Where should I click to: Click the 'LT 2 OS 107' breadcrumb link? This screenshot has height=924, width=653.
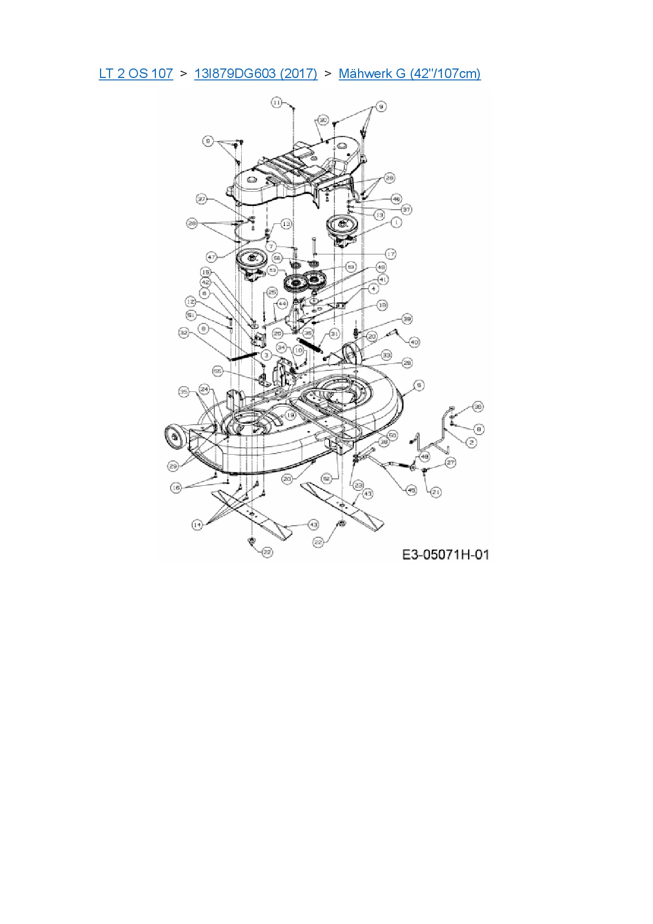coord(136,73)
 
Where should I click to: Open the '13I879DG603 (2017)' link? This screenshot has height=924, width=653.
coord(255,73)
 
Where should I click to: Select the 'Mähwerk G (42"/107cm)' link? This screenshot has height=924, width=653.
coord(409,73)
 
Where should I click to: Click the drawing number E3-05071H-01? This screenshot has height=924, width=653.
coord(446,554)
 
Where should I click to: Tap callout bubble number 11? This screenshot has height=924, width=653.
coord(277,102)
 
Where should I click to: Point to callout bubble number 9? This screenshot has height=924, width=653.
coord(381,106)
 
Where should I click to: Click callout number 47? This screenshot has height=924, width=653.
coord(212,258)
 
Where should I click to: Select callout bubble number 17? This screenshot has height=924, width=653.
coord(390,254)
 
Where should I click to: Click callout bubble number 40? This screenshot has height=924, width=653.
coord(414,342)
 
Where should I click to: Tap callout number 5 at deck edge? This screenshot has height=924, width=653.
coord(419,386)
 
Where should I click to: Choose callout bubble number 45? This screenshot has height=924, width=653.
coord(411,490)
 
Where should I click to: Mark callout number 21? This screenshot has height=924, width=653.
coord(436,492)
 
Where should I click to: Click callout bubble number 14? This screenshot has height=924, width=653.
coord(197,525)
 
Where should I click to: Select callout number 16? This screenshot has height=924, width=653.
coord(176,488)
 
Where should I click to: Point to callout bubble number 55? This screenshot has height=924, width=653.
coord(217,371)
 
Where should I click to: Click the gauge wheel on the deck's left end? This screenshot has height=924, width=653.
coord(173,436)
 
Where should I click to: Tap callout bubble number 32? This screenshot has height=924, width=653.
coord(184,333)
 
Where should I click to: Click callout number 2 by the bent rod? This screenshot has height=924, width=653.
coord(471,443)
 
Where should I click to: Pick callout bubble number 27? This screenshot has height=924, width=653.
coord(450,463)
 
